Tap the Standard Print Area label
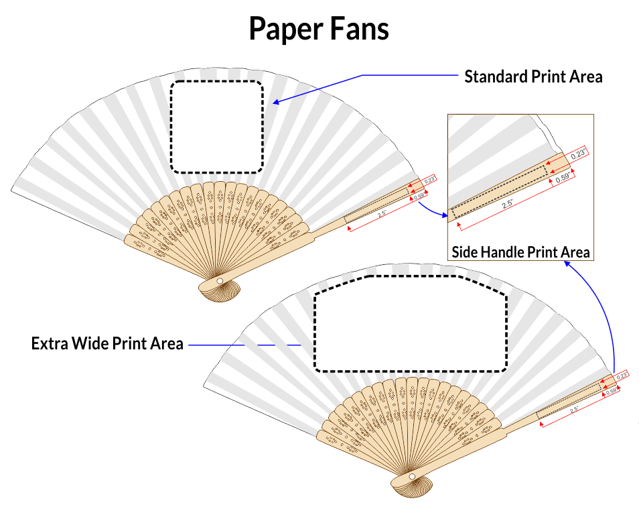click(533, 76)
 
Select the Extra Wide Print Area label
click(107, 344)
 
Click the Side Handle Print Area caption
click(520, 252)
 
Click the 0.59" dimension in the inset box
click(561, 178)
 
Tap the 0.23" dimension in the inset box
click(578, 154)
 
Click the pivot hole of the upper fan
click(220, 280)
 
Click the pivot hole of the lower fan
click(412, 477)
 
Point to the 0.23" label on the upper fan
click(429, 180)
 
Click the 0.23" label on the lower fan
click(622, 376)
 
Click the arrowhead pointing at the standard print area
click(276, 103)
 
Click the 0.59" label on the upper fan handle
click(420, 197)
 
